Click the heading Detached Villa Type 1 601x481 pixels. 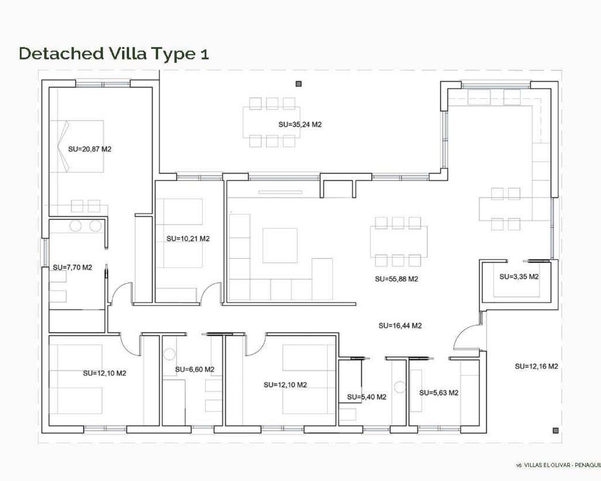point(114,54)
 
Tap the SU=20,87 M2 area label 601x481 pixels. point(90,149)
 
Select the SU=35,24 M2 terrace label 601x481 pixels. point(300,124)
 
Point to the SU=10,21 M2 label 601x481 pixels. point(188,239)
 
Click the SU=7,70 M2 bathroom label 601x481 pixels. point(72,267)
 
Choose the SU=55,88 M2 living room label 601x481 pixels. point(396,279)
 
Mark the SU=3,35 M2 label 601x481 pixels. point(519,277)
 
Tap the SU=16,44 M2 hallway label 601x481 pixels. point(400,326)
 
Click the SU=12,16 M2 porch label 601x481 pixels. point(536,366)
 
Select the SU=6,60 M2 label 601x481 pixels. point(194,370)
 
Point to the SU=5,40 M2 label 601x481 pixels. point(367,397)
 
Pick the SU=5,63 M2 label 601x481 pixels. point(439,393)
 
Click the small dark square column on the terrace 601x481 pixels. point(298,84)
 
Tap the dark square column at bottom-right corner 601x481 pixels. point(555,430)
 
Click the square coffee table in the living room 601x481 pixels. point(280,245)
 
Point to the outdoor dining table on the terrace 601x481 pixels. point(271,122)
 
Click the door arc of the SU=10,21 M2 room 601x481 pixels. point(211,293)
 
